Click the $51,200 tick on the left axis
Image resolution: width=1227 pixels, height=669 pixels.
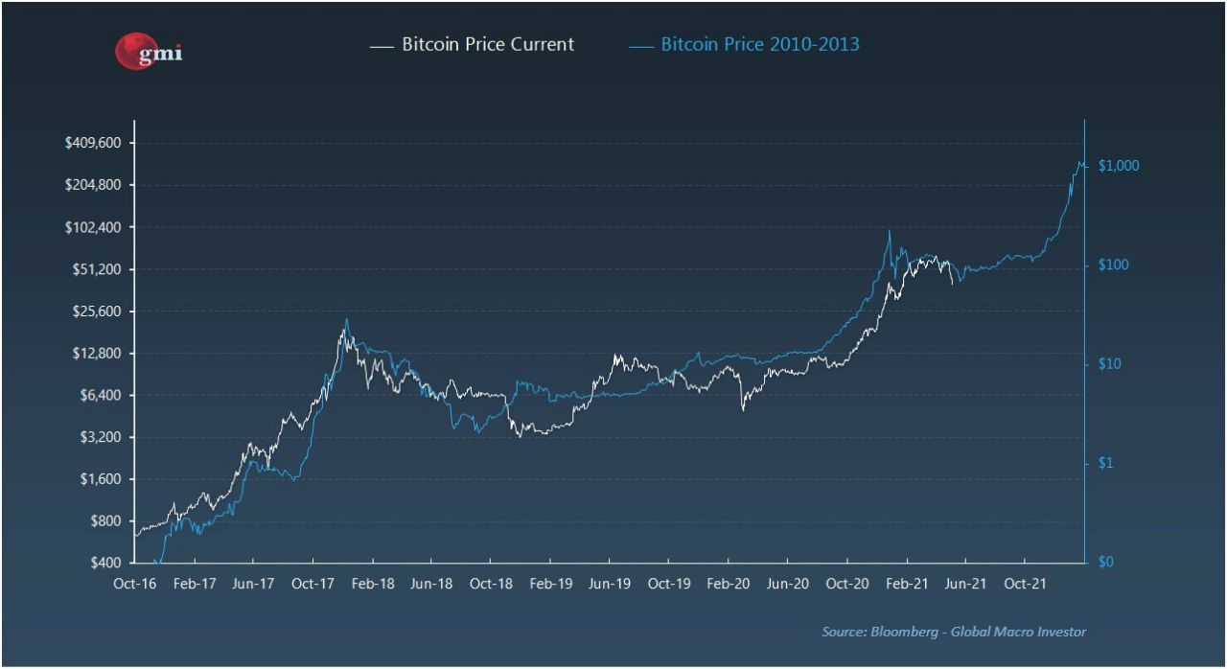[97, 269]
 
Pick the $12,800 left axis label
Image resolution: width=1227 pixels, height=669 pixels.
[97, 354]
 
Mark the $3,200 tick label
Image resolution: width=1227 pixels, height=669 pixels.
[101, 437]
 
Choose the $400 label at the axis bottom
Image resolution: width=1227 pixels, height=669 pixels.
[105, 563]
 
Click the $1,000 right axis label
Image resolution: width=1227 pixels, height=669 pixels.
[1119, 166]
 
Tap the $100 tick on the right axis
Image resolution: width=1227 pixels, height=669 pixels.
[1114, 265]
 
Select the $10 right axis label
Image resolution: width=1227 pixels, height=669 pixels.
[1110, 364]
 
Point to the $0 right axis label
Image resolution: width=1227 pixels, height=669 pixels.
[1105, 563]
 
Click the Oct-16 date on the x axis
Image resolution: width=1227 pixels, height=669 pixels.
[134, 584]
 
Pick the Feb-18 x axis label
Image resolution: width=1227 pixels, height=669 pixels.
[372, 584]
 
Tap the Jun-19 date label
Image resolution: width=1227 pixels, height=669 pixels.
[609, 584]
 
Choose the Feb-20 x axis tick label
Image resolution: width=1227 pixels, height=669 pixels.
[729, 584]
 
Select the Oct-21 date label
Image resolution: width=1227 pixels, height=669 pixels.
[1025, 584]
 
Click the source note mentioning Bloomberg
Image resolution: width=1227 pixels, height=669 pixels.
[954, 632]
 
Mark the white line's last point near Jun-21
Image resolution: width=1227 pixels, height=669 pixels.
[952, 284]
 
